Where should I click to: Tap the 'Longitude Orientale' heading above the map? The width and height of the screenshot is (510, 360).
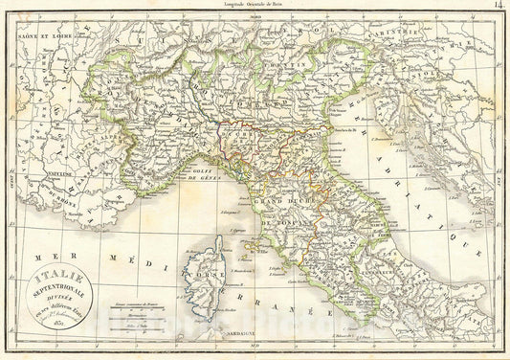255,6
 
